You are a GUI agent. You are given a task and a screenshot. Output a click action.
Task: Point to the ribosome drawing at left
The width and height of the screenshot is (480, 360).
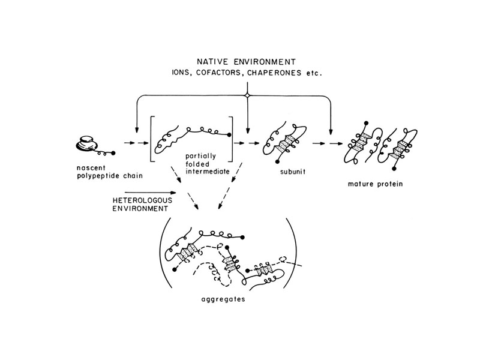click(88, 142)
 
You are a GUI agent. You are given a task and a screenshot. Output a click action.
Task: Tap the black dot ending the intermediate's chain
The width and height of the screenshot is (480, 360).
click(230, 134)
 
